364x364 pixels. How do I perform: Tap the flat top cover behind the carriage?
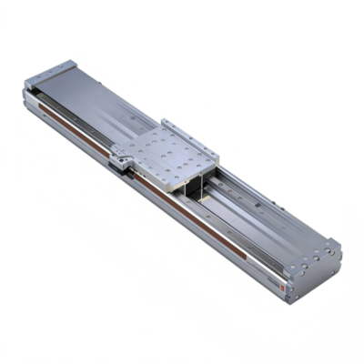point(100,99)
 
